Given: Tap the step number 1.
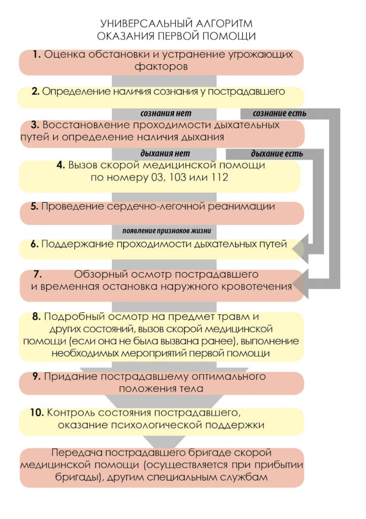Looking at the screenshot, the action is (x=36, y=54).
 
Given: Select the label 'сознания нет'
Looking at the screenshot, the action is (x=166, y=114).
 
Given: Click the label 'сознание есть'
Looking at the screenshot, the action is (x=279, y=114).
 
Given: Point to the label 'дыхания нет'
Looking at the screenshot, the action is (x=165, y=154).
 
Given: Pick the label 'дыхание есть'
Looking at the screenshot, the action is (x=277, y=154).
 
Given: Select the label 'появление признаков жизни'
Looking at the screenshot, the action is (x=166, y=231).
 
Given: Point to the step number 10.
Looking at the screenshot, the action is (x=36, y=413).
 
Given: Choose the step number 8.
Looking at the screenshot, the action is (x=36, y=317).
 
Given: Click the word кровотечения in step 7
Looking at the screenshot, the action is (x=245, y=287).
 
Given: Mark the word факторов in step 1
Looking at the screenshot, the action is (x=161, y=66).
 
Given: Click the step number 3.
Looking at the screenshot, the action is (x=35, y=125).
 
